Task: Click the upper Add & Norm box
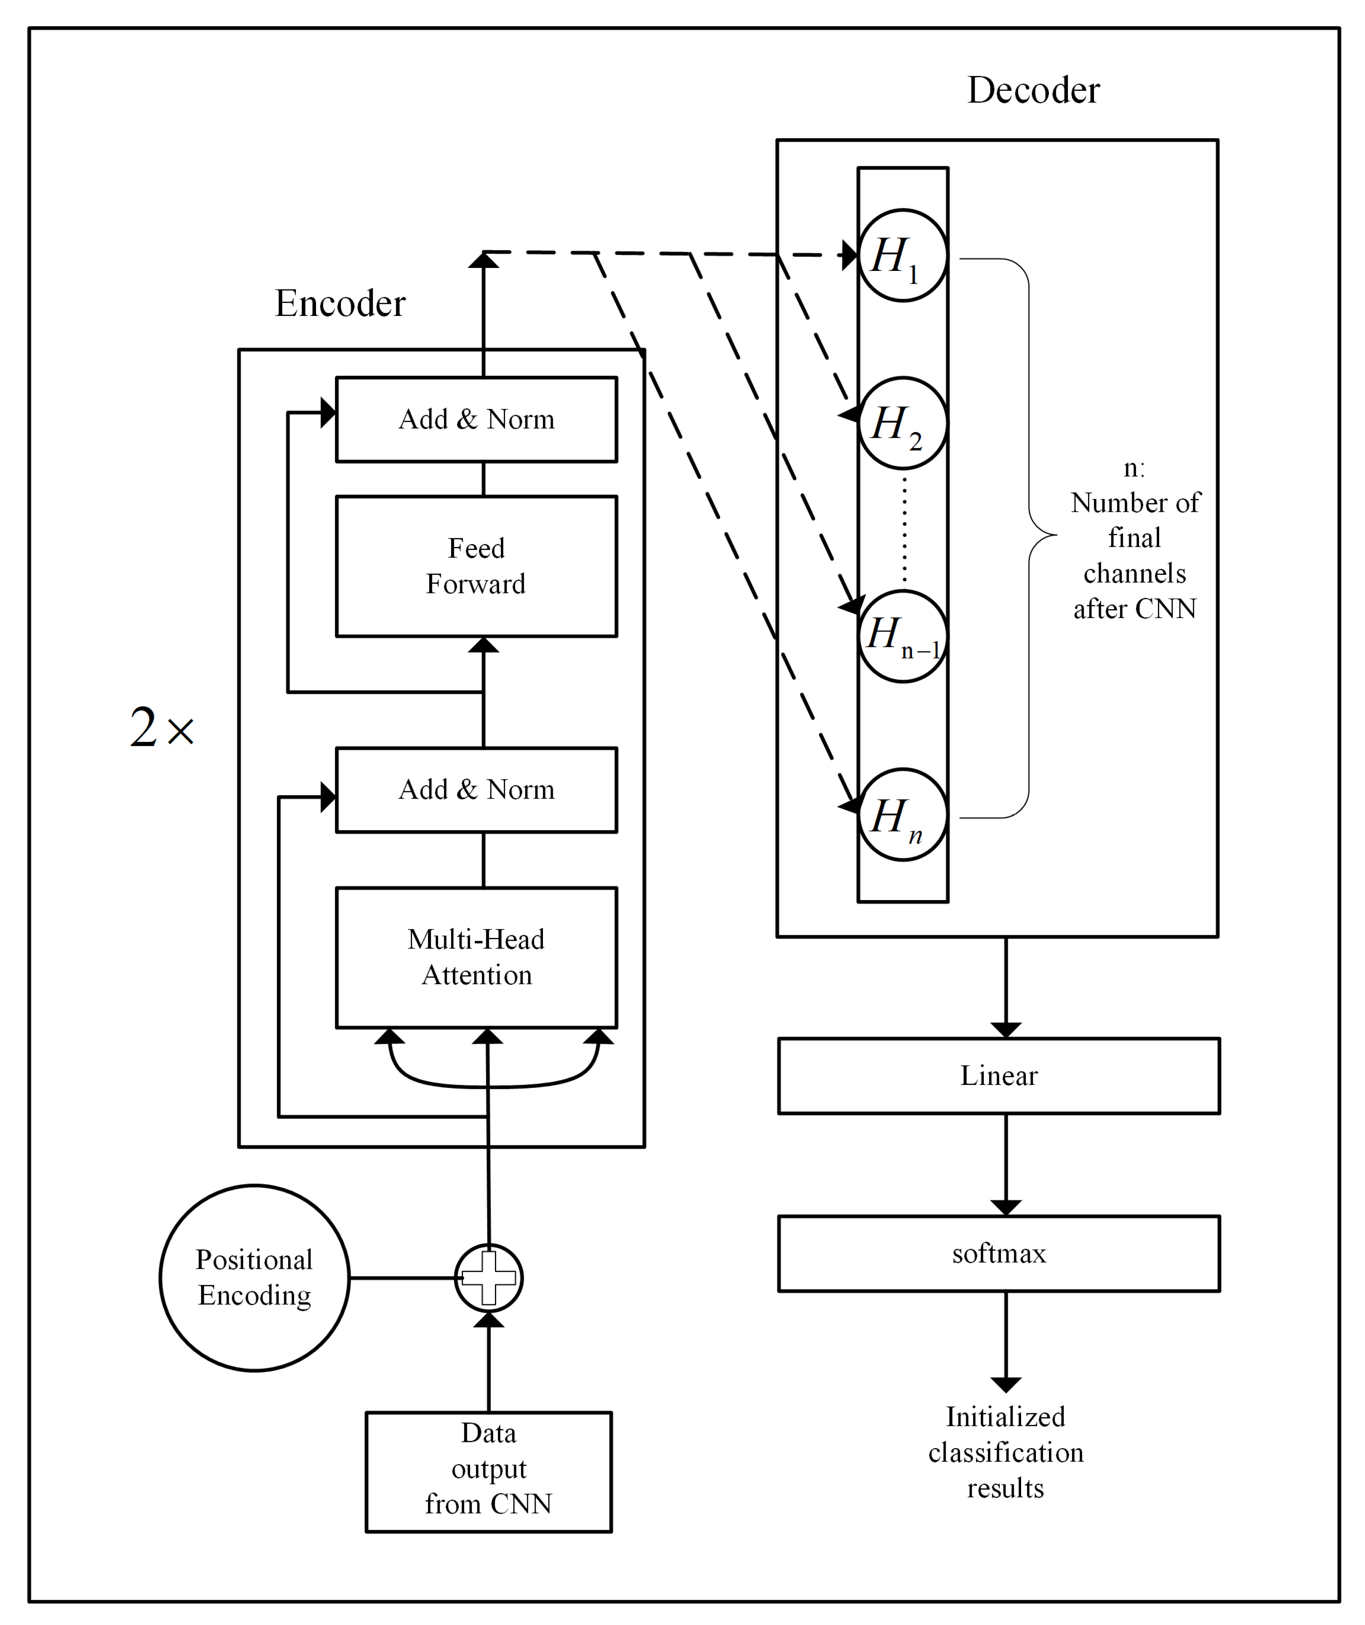click(x=476, y=419)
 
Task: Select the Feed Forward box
click(x=476, y=566)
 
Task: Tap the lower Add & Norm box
click(x=476, y=790)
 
